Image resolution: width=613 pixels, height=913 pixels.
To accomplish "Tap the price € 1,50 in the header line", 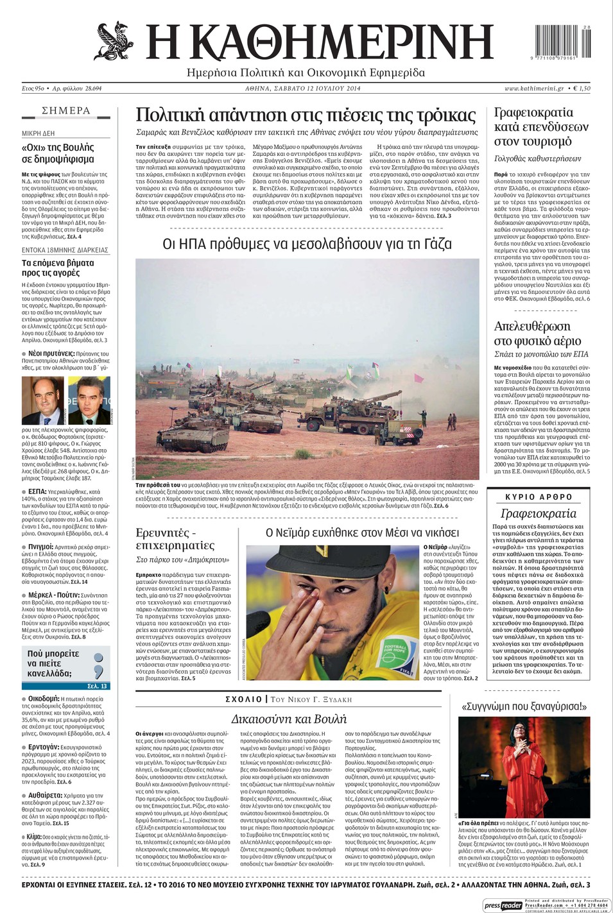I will click(581, 89).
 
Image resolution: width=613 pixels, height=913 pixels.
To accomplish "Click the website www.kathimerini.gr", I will click(534, 89).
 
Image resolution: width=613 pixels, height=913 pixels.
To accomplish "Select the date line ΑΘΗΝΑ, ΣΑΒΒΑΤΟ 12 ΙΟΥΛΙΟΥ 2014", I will click(303, 89).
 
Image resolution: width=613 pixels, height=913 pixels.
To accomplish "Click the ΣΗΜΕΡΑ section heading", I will click(66, 110).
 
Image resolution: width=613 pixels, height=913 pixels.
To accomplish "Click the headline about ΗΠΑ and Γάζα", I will click(307, 244).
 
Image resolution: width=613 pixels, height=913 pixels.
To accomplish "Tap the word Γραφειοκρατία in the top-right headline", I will click(533, 112).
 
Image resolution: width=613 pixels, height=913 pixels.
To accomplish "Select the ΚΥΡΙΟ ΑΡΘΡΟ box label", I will click(539, 497).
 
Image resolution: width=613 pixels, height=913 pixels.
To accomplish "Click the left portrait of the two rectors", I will click(42, 400).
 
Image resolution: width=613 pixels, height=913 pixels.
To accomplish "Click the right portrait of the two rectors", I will click(89, 400).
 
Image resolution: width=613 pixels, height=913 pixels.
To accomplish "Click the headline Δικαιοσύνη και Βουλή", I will click(289, 719).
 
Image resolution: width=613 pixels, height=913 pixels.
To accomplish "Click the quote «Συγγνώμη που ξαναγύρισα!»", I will click(524, 706).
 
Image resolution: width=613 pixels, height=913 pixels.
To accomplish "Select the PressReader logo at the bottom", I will click(503, 905).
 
